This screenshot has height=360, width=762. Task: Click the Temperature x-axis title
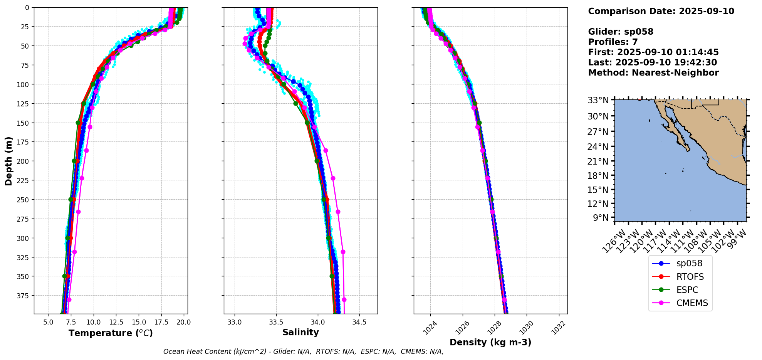click(111, 333)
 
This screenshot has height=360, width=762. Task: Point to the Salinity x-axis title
click(300, 333)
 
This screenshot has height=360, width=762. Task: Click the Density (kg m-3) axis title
click(490, 342)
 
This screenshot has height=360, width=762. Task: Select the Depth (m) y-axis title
click(8, 161)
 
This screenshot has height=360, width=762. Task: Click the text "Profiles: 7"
click(613, 42)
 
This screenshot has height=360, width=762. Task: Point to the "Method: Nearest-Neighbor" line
click(653, 73)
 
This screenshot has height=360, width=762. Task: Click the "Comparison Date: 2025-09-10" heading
click(661, 11)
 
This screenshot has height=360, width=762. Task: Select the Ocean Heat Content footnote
click(303, 352)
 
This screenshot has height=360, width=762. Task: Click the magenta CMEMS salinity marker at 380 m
click(344, 299)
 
